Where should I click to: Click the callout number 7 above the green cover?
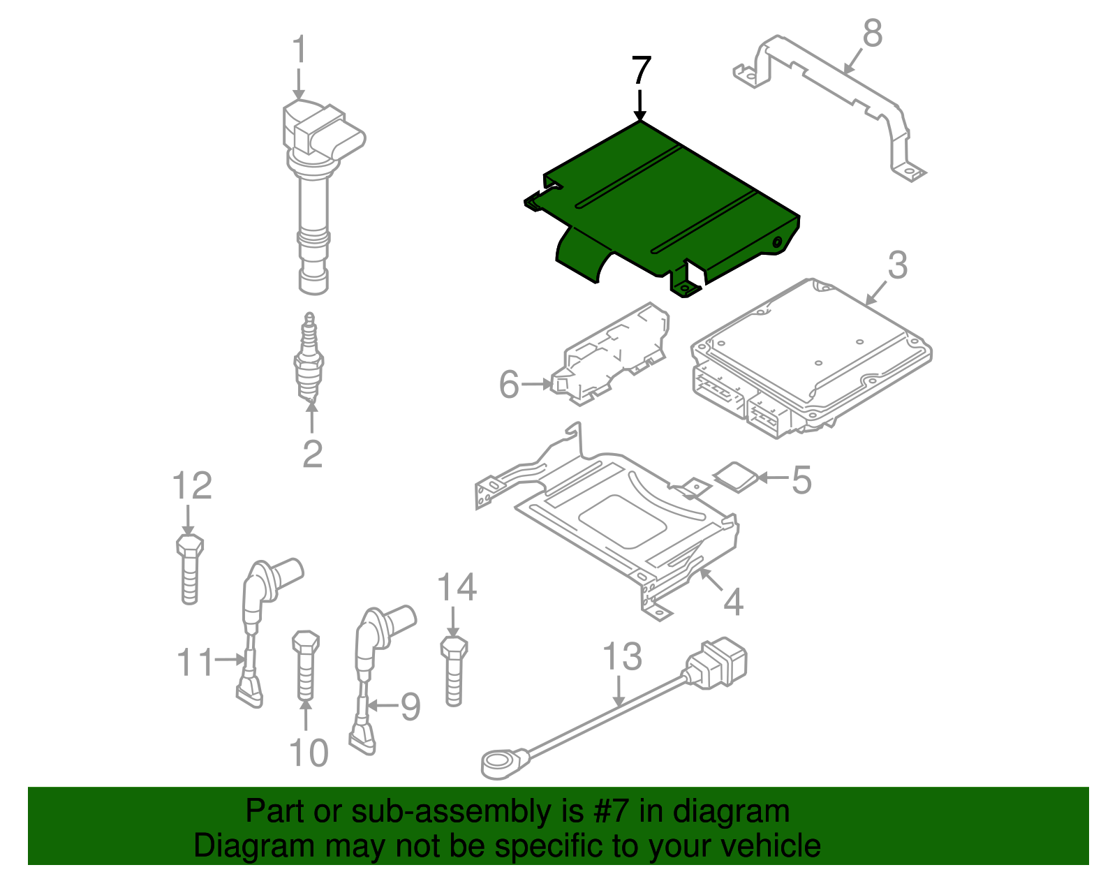click(x=641, y=71)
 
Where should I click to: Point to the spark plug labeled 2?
click(x=309, y=360)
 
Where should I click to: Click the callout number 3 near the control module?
click(x=898, y=265)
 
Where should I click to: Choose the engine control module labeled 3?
click(x=810, y=356)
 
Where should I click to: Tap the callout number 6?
click(x=509, y=385)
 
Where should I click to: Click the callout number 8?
click(x=873, y=33)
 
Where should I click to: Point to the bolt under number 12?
click(x=188, y=569)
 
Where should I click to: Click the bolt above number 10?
click(x=305, y=663)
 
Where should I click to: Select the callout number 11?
click(x=195, y=661)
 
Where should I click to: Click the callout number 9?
click(x=410, y=707)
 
